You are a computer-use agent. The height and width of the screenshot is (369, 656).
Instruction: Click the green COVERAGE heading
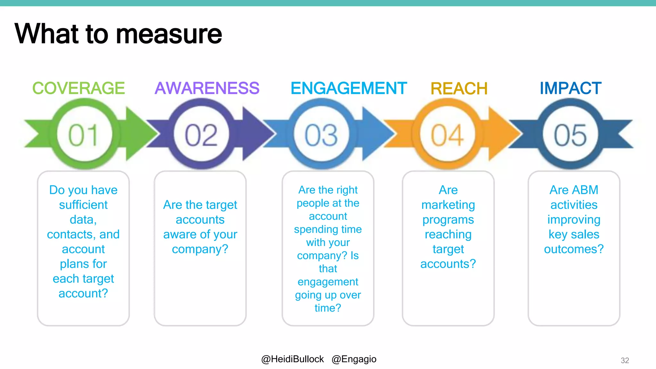coord(78,88)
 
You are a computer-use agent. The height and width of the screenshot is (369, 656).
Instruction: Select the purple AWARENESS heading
coord(207,88)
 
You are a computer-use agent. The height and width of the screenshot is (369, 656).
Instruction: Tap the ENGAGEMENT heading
coord(348,88)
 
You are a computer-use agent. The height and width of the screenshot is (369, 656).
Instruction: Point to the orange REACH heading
coord(459,89)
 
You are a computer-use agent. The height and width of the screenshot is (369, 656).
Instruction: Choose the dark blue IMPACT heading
coord(570,88)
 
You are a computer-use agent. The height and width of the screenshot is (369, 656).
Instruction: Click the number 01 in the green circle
coord(84,135)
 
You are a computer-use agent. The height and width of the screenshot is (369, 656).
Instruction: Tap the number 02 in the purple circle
coord(201,135)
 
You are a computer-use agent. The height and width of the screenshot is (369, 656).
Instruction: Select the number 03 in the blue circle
coord(321,135)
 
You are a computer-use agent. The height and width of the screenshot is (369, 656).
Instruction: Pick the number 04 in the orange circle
coord(447,135)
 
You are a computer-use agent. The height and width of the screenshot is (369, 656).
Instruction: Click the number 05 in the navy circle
coord(570,135)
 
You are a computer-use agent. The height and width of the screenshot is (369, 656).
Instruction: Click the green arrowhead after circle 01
coord(139,134)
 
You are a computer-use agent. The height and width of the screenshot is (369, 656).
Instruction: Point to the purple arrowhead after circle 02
coord(256,134)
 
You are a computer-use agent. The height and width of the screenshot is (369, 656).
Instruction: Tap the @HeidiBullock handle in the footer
coord(292,359)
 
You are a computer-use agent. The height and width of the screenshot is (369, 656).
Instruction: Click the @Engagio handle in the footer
coord(354,359)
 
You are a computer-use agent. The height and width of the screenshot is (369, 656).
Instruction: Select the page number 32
coord(625,360)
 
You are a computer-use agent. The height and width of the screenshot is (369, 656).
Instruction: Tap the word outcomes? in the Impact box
coord(574,249)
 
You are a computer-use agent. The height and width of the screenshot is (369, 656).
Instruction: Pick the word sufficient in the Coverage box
coord(83,205)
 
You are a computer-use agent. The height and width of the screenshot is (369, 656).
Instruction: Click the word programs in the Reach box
coord(448,220)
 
